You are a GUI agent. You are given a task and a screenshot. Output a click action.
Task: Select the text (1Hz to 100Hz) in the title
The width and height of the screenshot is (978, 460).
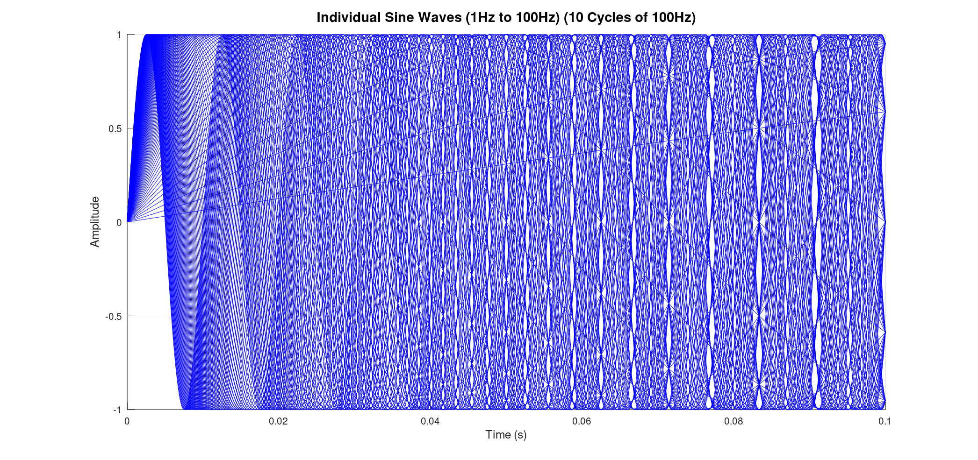click(x=513, y=18)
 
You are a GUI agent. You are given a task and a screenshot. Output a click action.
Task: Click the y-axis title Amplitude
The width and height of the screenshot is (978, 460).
click(x=95, y=222)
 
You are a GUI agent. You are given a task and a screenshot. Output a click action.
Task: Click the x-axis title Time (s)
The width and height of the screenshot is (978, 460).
click(x=506, y=435)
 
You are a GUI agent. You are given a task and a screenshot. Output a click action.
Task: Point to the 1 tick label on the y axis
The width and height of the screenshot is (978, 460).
click(x=119, y=35)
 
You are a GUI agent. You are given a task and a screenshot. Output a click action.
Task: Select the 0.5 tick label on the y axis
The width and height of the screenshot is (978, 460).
click(x=115, y=129)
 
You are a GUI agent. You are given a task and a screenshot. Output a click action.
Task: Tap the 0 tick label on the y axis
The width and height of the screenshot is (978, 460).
click(x=119, y=223)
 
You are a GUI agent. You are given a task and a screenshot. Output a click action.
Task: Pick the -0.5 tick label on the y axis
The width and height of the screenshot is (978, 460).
click(x=114, y=316)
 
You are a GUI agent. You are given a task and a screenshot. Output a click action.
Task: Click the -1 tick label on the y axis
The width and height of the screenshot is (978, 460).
click(x=117, y=410)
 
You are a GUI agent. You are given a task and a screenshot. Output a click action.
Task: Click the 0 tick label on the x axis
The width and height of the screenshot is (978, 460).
click(x=127, y=421)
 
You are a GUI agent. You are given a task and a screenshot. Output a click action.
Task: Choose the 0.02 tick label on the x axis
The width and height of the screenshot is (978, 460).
click(x=278, y=421)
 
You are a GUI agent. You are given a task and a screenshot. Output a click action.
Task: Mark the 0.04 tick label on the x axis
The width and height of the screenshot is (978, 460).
click(x=430, y=421)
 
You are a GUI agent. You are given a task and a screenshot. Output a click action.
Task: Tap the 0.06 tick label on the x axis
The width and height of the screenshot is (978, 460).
click(x=582, y=421)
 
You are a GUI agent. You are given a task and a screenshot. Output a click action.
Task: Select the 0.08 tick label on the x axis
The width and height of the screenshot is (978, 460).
click(x=733, y=421)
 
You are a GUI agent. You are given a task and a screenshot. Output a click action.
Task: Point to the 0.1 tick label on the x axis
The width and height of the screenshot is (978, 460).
click(x=885, y=421)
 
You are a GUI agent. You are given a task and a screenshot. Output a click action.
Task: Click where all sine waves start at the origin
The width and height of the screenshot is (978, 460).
click(x=128, y=222)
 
